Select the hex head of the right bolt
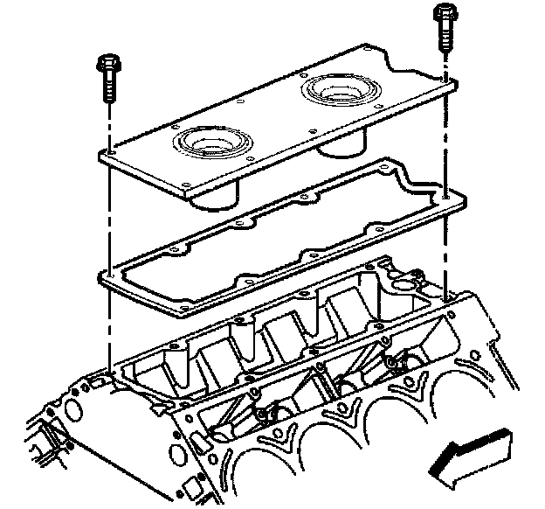point(444,14)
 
